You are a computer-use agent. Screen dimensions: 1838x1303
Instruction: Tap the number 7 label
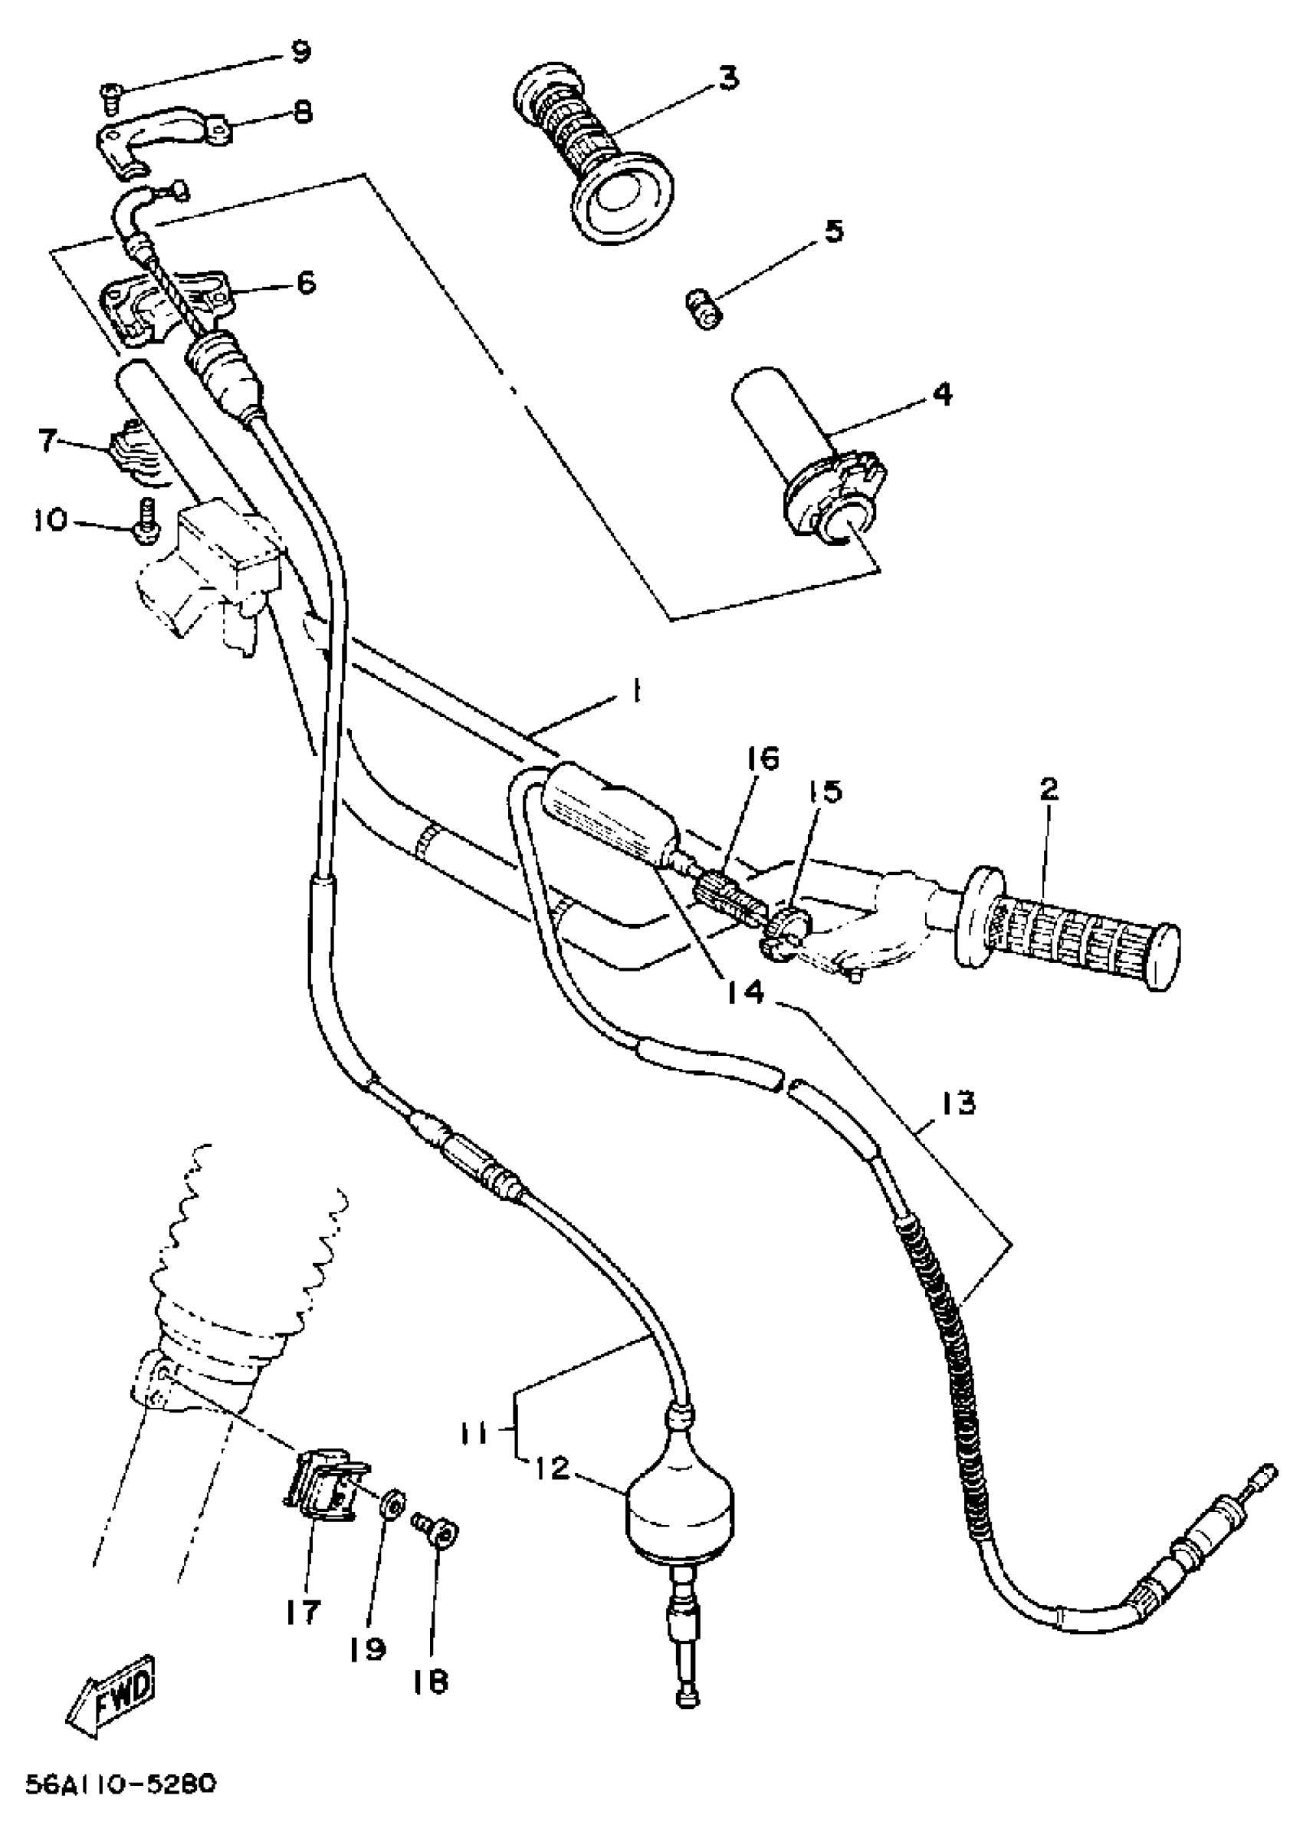coord(50,441)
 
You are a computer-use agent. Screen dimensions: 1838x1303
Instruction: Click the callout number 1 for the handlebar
coord(635,691)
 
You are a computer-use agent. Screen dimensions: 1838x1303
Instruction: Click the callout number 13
coord(959,1103)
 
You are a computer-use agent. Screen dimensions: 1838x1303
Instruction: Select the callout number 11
coord(477,1434)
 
